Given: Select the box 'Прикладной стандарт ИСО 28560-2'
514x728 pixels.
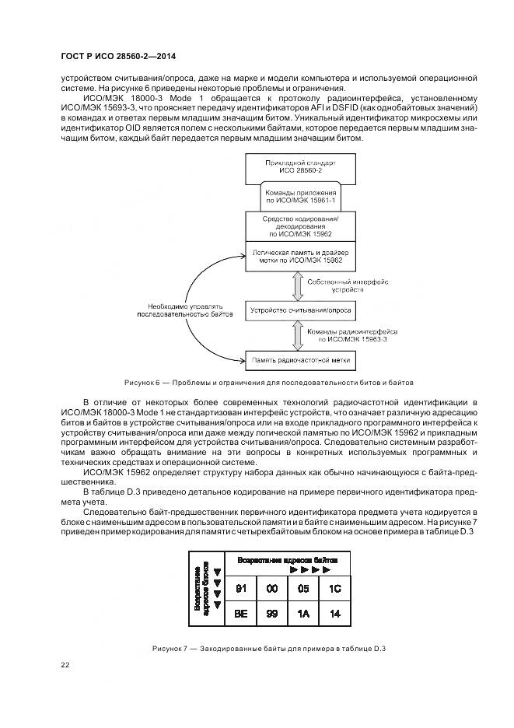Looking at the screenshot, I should [299, 168].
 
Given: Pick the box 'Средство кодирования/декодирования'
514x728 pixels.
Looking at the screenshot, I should [299, 226].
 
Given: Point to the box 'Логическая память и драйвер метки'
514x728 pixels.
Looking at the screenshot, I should [299, 256].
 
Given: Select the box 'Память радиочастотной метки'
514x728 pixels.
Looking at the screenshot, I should [299, 359].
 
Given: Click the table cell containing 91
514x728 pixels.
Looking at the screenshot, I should [240, 588].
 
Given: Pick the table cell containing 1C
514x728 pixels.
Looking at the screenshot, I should [334, 588].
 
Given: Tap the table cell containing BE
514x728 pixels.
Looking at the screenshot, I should [240, 613].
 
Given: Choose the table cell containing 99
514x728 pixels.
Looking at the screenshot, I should [272, 613].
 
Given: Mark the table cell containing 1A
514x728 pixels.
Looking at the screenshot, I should [303, 613].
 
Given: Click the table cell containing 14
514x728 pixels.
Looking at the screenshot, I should [334, 613].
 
